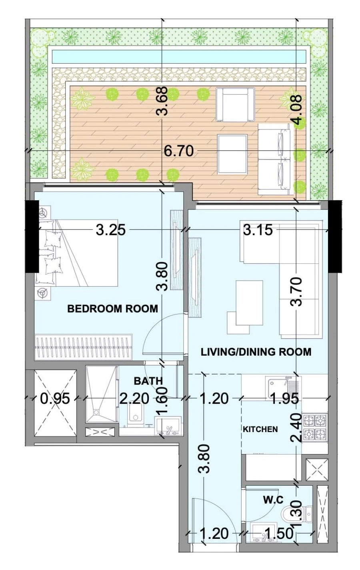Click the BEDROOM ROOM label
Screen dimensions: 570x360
click(x=112, y=309)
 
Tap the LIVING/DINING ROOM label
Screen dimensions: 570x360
click(x=256, y=352)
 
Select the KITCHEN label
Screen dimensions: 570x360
click(x=260, y=429)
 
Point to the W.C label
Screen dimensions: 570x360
click(x=273, y=499)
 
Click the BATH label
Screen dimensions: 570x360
click(x=148, y=381)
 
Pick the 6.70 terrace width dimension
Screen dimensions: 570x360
click(x=179, y=151)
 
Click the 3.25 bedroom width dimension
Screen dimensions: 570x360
click(x=111, y=230)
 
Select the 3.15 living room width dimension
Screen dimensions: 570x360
click(x=258, y=230)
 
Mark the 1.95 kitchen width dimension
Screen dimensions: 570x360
click(x=284, y=398)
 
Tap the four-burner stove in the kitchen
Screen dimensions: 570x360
click(x=314, y=427)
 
